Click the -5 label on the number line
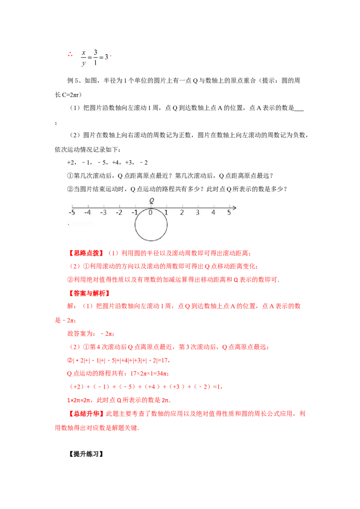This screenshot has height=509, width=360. coord(72,213)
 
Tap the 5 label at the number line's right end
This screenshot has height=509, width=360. coord(229,213)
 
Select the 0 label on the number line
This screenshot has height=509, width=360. coord(150,213)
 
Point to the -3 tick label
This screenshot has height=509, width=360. coord(103,213)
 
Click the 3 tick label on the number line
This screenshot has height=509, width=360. coord(198,213)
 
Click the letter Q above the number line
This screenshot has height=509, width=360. coord(152,201)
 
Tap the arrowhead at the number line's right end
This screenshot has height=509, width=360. coord(234,207)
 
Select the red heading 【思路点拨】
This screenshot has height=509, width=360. coord(86,253)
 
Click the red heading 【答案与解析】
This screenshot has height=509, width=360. coord(90,294)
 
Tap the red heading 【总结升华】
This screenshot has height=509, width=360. coord(86,414)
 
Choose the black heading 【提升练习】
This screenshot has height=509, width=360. coord(86,454)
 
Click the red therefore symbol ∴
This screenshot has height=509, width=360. coord(70,54)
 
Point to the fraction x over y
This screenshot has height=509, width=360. coord(84,58)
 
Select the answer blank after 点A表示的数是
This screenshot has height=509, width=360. coord(299,110)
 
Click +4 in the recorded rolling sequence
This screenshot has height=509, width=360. coord(115,163)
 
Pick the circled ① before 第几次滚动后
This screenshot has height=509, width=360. coord(70,176)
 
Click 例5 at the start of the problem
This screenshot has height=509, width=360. coord(73,81)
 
